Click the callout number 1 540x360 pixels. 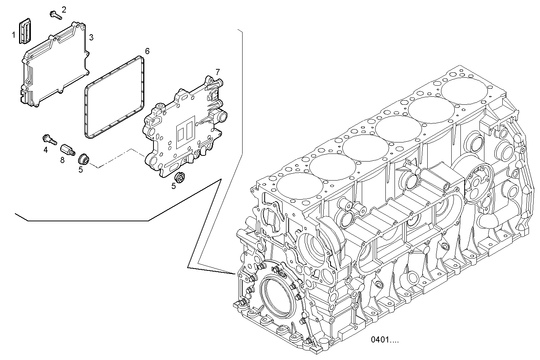pyautogui.click(x=13, y=35)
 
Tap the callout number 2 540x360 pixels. pyautogui.click(x=64, y=10)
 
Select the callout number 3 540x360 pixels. pyautogui.click(x=91, y=37)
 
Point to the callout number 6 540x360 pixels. pyautogui.click(x=147, y=51)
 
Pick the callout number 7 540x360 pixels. pyautogui.click(x=217, y=72)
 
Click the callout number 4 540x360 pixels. pyautogui.click(x=46, y=150)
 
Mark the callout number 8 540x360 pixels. pyautogui.click(x=62, y=160)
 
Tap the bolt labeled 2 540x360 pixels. pyautogui.click(x=55, y=16)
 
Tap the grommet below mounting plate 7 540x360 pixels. pyautogui.click(x=179, y=177)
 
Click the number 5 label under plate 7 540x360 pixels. pyautogui.click(x=173, y=186)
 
